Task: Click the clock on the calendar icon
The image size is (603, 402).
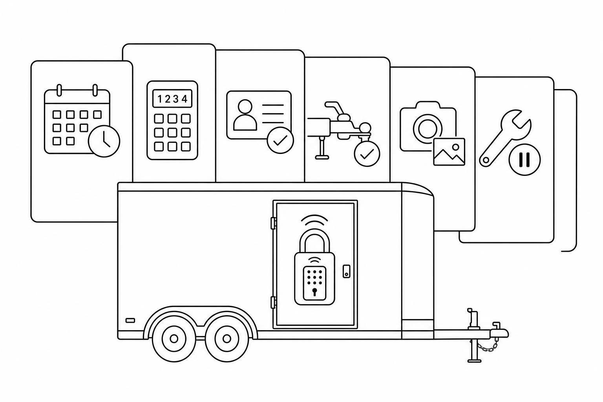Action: click(104, 141)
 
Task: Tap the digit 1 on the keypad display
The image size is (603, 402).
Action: click(160, 99)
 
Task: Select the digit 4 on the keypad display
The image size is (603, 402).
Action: click(185, 99)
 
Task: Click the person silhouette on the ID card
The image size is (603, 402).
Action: click(245, 115)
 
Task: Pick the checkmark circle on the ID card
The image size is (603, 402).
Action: click(280, 140)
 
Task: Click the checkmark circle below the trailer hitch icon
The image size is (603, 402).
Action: click(367, 153)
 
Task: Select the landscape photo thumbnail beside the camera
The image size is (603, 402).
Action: click(449, 152)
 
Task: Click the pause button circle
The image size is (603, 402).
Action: click(524, 160)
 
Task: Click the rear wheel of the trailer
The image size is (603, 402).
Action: click(174, 338)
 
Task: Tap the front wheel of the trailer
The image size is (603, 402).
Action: click(227, 338)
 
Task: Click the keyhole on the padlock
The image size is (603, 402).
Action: click(314, 292)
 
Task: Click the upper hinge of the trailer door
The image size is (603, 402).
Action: click(273, 223)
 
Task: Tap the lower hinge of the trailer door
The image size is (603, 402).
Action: click(273, 302)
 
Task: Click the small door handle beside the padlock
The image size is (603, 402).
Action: click(347, 271)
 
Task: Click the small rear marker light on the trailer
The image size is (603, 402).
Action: click(130, 320)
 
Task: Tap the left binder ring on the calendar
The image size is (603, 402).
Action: click(59, 90)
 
